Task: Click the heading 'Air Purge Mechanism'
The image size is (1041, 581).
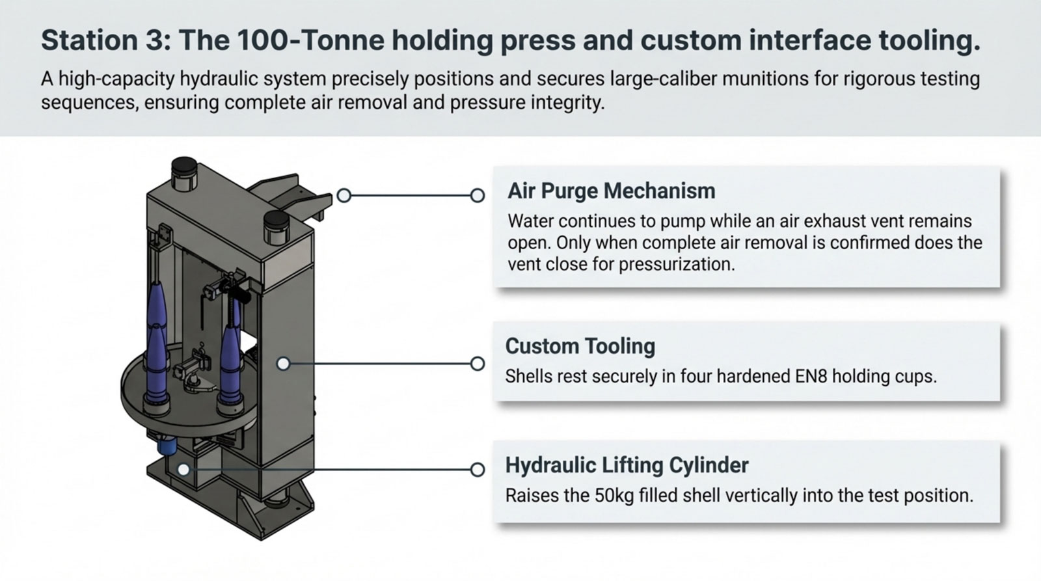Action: click(x=611, y=191)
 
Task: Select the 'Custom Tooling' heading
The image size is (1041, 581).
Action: click(x=580, y=345)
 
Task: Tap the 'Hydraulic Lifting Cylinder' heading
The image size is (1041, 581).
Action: click(x=627, y=465)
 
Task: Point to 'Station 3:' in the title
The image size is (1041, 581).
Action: click(x=106, y=40)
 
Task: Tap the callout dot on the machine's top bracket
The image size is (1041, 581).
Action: click(x=344, y=195)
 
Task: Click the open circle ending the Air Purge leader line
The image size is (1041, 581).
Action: click(x=478, y=195)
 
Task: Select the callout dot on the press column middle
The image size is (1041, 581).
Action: click(x=283, y=364)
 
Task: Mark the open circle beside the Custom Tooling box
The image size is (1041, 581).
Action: click(x=478, y=364)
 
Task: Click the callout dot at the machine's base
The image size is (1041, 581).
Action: click(x=184, y=469)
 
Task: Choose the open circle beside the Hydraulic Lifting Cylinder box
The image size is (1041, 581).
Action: click(x=478, y=469)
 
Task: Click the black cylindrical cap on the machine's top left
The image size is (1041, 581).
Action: click(x=184, y=172)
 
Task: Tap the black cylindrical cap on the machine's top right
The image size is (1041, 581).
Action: click(x=277, y=226)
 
